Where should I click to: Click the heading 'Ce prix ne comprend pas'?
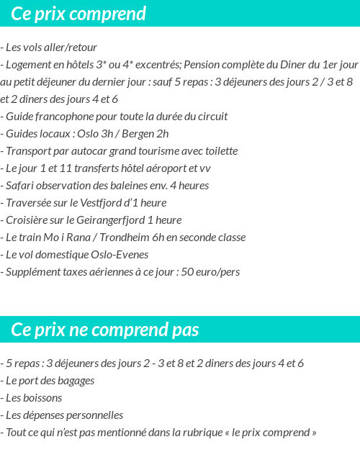[105, 330]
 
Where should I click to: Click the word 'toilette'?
[217, 151]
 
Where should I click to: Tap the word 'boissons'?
[42, 398]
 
